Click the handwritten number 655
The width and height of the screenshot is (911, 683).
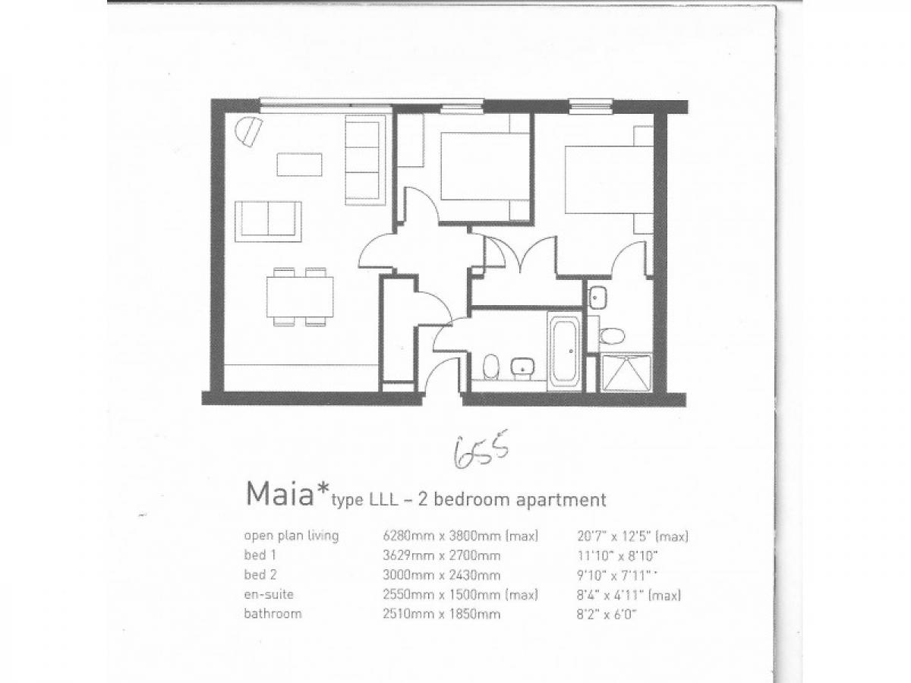[481, 453]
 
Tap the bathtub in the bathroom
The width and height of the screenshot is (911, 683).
[565, 352]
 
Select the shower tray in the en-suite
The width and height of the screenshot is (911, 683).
[626, 373]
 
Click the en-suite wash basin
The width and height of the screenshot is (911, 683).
[598, 297]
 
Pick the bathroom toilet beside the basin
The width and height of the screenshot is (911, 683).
[490, 367]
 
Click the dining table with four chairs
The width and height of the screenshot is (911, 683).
[300, 297]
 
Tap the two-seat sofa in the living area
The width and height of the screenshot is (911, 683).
[268, 222]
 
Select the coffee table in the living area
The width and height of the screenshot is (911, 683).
[299, 165]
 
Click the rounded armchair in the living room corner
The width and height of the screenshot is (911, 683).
[248, 132]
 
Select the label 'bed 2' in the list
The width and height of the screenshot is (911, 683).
[260, 574]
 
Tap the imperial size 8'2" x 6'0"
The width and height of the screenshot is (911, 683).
[607, 614]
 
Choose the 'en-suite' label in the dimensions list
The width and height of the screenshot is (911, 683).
[269, 594]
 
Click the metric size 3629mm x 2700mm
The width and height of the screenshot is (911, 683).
[442, 556]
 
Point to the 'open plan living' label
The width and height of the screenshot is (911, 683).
[292, 536]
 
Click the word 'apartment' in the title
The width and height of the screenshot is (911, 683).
[561, 499]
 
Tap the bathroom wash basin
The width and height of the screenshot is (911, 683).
[523, 368]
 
